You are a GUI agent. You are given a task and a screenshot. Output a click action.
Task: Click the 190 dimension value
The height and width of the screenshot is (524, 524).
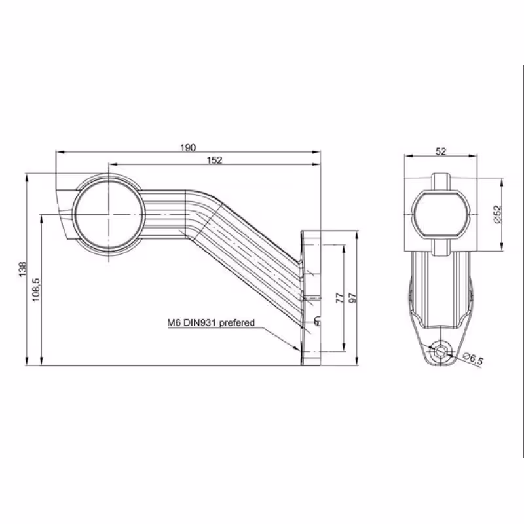click(188, 148)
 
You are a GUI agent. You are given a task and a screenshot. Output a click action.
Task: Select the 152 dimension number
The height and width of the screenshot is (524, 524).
click(214, 160)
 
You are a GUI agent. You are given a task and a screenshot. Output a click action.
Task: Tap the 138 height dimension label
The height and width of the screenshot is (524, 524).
click(22, 269)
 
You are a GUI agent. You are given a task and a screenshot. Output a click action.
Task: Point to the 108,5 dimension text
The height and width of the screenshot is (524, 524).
click(36, 290)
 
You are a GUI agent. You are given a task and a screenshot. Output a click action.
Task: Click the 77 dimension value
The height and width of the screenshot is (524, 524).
click(339, 298)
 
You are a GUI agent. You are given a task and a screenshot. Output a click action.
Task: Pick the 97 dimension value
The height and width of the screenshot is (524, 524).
click(353, 298)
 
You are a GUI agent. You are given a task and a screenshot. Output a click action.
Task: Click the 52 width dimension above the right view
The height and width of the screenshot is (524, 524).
click(441, 152)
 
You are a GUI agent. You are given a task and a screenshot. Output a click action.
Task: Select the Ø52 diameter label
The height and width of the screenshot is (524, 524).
click(498, 214)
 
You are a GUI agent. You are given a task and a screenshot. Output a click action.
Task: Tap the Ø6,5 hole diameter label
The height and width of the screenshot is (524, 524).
click(473, 358)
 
